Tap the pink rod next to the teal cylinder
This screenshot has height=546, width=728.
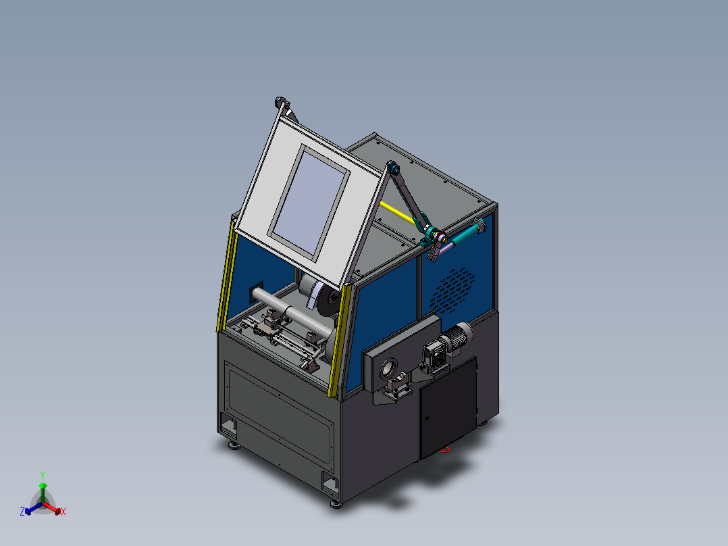tap(446, 249)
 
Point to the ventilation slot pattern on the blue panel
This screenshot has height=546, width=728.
tap(452, 291)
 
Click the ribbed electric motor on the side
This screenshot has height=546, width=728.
tap(457, 339)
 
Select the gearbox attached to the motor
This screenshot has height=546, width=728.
tap(434, 356)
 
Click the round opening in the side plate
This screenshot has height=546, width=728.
tap(388, 370)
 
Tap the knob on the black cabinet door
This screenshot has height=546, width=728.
tap(427, 418)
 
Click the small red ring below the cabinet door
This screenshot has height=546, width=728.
tap(446, 449)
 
